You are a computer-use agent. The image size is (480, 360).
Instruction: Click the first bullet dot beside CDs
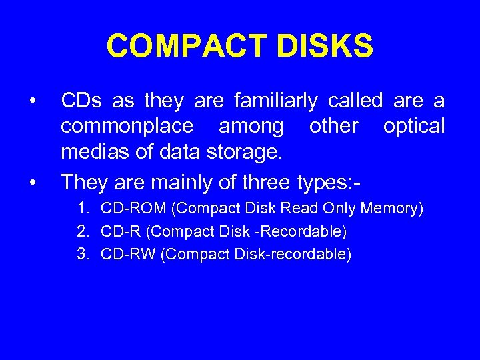click(x=32, y=101)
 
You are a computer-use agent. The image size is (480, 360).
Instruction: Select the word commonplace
click(x=127, y=127)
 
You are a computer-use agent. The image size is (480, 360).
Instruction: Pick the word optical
click(x=413, y=127)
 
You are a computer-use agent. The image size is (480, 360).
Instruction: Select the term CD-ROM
click(x=133, y=209)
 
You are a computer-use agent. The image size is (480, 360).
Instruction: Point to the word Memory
click(x=391, y=209)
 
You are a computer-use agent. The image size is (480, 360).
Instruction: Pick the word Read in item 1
click(x=299, y=209)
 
